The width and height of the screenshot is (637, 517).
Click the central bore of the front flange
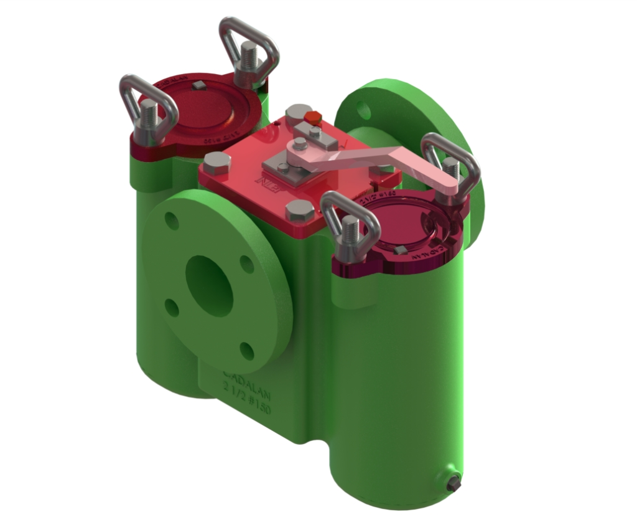coord(209,285)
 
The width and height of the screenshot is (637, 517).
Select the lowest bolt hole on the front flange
coord(247,351)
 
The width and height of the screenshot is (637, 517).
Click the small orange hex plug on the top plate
coord(313,118)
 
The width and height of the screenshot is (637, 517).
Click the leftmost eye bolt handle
coord(148,106)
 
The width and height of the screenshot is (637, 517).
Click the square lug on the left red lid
coord(198,85)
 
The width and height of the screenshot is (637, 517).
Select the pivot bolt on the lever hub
coord(300,145)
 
